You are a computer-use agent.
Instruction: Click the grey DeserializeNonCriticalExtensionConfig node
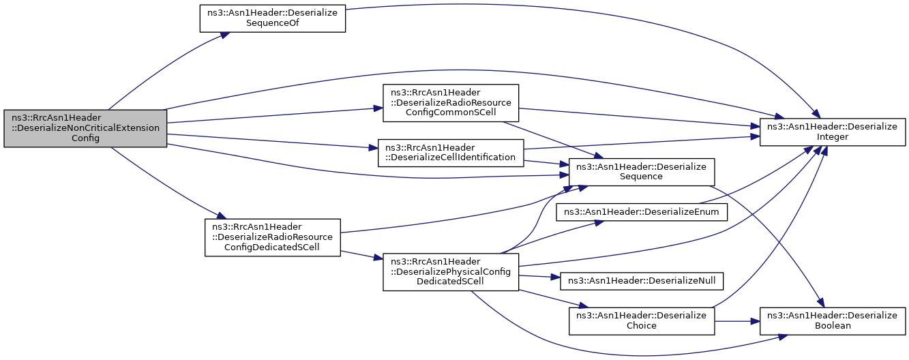coord(85,128)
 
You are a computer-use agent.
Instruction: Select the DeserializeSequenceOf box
coord(272,18)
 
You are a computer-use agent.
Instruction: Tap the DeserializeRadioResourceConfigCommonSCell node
coord(451,103)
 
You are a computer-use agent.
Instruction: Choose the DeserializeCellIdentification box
coord(451,153)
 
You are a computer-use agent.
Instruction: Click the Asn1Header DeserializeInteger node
coord(833,132)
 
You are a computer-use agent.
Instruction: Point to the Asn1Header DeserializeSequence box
coord(641,172)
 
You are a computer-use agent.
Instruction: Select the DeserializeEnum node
coord(641,212)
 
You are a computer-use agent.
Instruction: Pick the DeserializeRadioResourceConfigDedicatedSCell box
coord(272,238)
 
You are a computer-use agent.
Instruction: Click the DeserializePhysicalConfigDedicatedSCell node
coord(451,272)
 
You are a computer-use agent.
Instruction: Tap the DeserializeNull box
coord(641,282)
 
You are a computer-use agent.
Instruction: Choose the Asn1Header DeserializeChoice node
coord(641,321)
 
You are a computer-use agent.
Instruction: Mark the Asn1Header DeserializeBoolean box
coord(833,321)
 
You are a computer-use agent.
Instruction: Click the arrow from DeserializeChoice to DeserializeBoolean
coord(737,321)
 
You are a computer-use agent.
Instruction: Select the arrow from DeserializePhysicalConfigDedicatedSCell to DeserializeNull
coord(539,276)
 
